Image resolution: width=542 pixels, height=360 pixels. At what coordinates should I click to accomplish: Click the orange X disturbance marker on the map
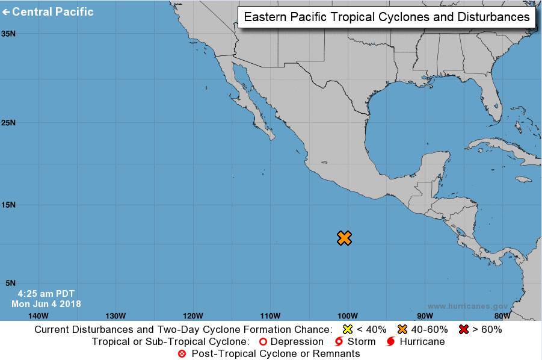coord(344,238)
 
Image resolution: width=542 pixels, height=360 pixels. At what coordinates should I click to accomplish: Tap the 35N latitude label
coord(8,34)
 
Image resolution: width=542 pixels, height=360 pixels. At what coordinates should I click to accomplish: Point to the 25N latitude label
coord(8,123)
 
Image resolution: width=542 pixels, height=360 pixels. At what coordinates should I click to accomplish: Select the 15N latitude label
coord(8,205)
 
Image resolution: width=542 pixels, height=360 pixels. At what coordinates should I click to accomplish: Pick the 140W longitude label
coord(38,315)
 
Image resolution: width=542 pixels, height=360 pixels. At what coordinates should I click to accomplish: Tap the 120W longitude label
coord(192,315)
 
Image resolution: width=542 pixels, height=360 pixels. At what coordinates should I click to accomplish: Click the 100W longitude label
coord(347,315)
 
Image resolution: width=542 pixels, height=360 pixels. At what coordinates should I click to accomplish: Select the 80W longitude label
coord(502,315)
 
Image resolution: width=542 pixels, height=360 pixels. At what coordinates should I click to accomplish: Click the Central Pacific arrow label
coord(48,11)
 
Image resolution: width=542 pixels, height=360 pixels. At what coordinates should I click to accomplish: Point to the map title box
coord(387,17)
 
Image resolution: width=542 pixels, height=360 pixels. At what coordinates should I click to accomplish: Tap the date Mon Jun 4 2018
coord(46,304)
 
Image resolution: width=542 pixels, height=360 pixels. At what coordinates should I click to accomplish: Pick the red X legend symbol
coord(463,329)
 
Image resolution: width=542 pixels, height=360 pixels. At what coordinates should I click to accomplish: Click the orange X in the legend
coord(402,329)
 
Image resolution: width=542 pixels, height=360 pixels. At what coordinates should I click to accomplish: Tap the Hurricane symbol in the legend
coord(391,341)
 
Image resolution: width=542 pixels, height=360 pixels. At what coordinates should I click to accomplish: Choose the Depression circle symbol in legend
coord(263,341)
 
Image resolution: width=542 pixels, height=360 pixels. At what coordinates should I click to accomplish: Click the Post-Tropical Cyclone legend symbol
coord(182,353)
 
